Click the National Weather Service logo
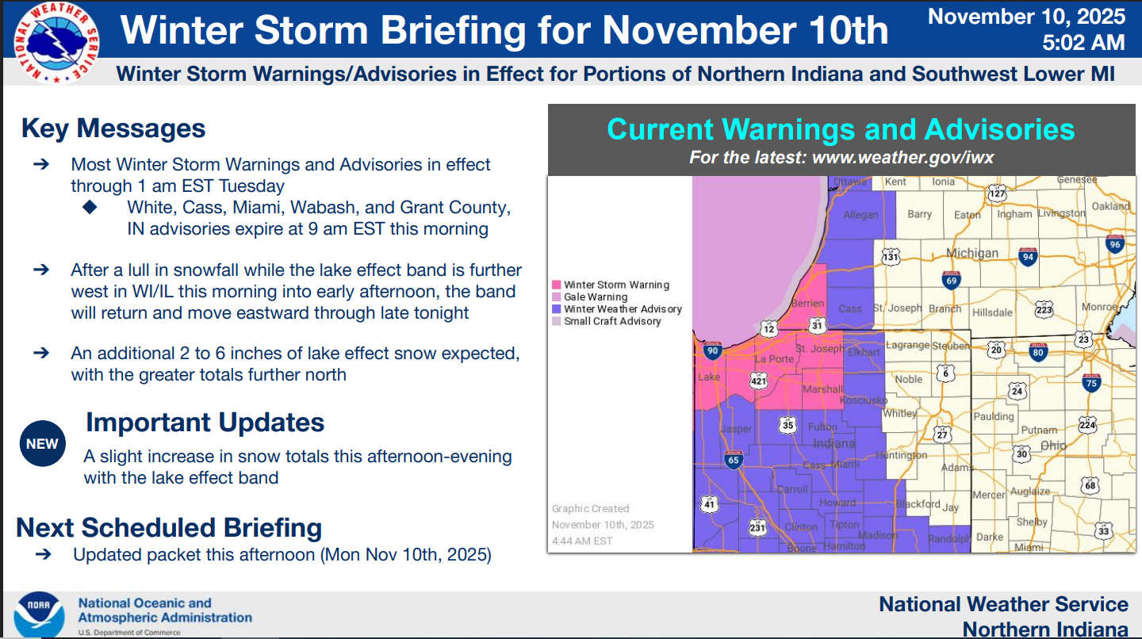pos(56,43)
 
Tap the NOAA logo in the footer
pos(39,614)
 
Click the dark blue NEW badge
pos(42,443)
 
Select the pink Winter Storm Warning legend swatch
pos(556,285)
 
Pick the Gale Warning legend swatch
pos(556,297)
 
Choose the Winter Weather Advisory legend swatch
pos(556,309)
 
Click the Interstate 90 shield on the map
pos(712,350)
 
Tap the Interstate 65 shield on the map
pos(733,460)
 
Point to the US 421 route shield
pos(759,381)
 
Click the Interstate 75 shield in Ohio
pos(1091,383)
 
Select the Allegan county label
pos(860,215)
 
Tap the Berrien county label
pos(807,303)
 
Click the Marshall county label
pos(822,389)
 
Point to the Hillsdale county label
pos(992,312)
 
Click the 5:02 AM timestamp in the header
pos(1083,42)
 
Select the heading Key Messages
pos(113,128)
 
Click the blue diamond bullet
pos(90,207)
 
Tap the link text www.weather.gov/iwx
pos(902,157)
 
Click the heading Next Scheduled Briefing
pos(169,527)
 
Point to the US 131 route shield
pos(891,256)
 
